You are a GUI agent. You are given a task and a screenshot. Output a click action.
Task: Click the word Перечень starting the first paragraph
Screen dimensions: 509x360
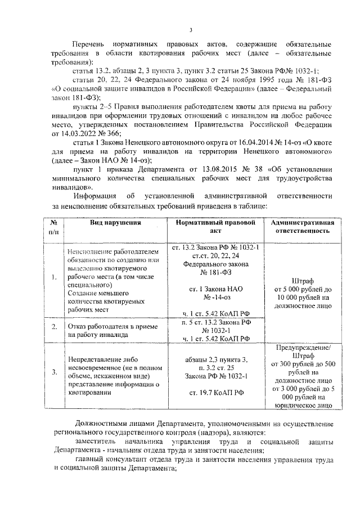[91, 44]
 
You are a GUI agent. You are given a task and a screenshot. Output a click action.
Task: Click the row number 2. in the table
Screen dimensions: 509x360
[54, 327]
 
